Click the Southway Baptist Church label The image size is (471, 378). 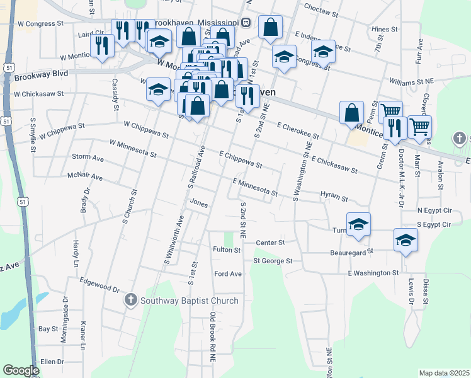[x=190, y=301]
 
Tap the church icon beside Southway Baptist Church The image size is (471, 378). [x=131, y=301]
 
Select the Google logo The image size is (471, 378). [x=21, y=370]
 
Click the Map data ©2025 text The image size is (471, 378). [x=444, y=373]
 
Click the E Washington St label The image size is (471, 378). [x=373, y=273]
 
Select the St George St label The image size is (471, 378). [x=273, y=260]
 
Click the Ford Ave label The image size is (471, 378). [x=228, y=274]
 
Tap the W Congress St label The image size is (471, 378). [x=42, y=23]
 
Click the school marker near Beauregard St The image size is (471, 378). [x=406, y=240]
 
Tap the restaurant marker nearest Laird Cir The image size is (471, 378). [x=101, y=45]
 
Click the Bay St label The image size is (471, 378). [x=48, y=329]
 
